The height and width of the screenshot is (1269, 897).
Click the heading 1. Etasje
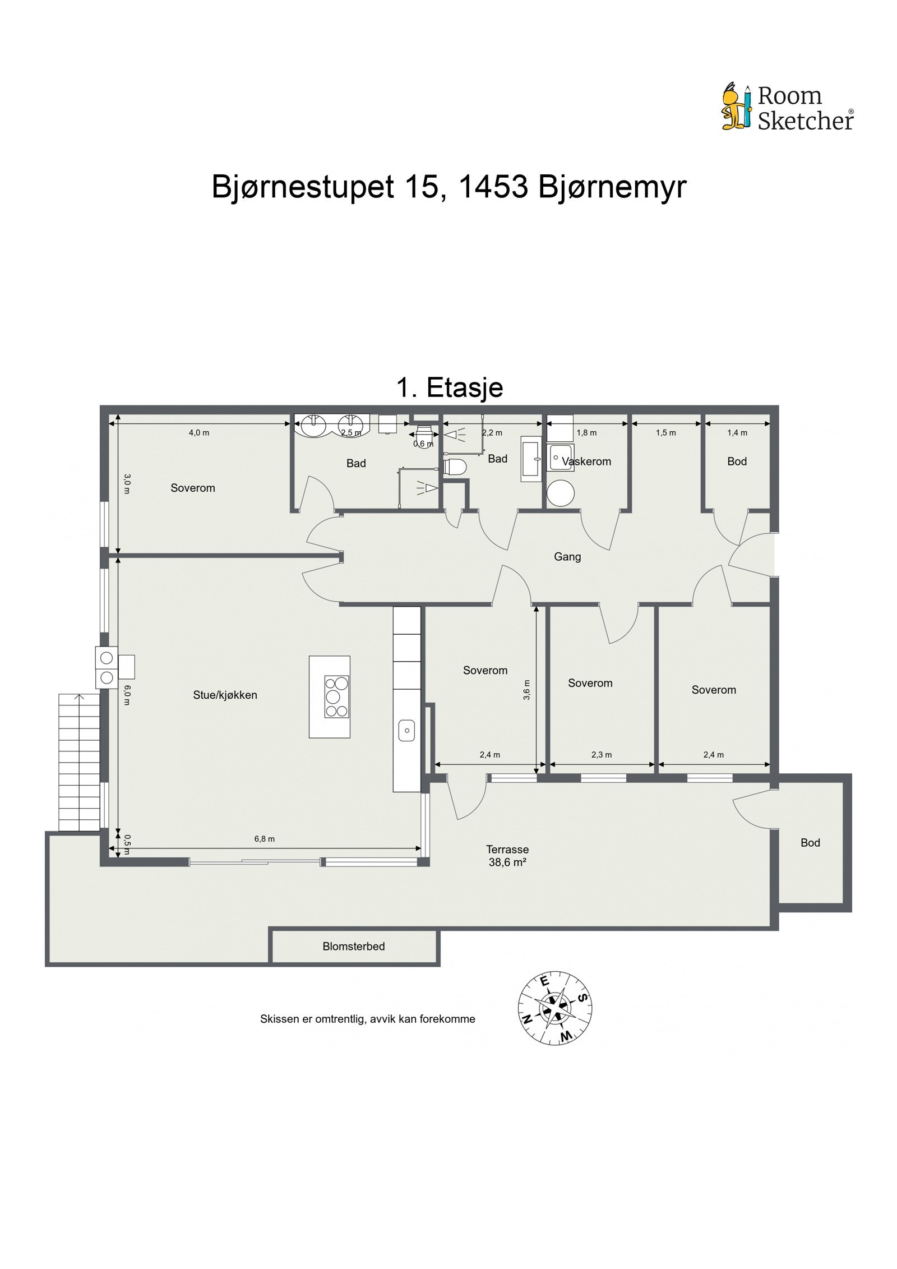[449, 387]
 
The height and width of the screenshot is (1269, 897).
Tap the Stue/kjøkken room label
[225, 695]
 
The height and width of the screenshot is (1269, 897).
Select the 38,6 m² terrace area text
[507, 862]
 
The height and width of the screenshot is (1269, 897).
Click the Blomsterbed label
[353, 946]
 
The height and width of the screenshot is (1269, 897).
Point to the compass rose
[554, 1008]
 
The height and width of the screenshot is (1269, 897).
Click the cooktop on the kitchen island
[336, 696]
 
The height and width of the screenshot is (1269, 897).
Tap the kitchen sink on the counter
[406, 730]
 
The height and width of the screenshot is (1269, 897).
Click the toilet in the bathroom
[455, 467]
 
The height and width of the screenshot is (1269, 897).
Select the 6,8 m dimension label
[264, 839]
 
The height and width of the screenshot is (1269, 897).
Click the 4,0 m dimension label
[198, 432]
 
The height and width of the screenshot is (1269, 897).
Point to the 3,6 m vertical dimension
[526, 689]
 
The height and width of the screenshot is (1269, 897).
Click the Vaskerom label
[586, 462]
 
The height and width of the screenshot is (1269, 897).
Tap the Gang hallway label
[567, 557]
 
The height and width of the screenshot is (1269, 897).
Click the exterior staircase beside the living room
[79, 762]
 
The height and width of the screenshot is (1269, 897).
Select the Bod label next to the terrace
[810, 843]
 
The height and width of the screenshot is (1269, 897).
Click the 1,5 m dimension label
[665, 432]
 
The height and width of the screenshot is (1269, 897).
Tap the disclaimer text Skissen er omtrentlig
[367, 1019]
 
